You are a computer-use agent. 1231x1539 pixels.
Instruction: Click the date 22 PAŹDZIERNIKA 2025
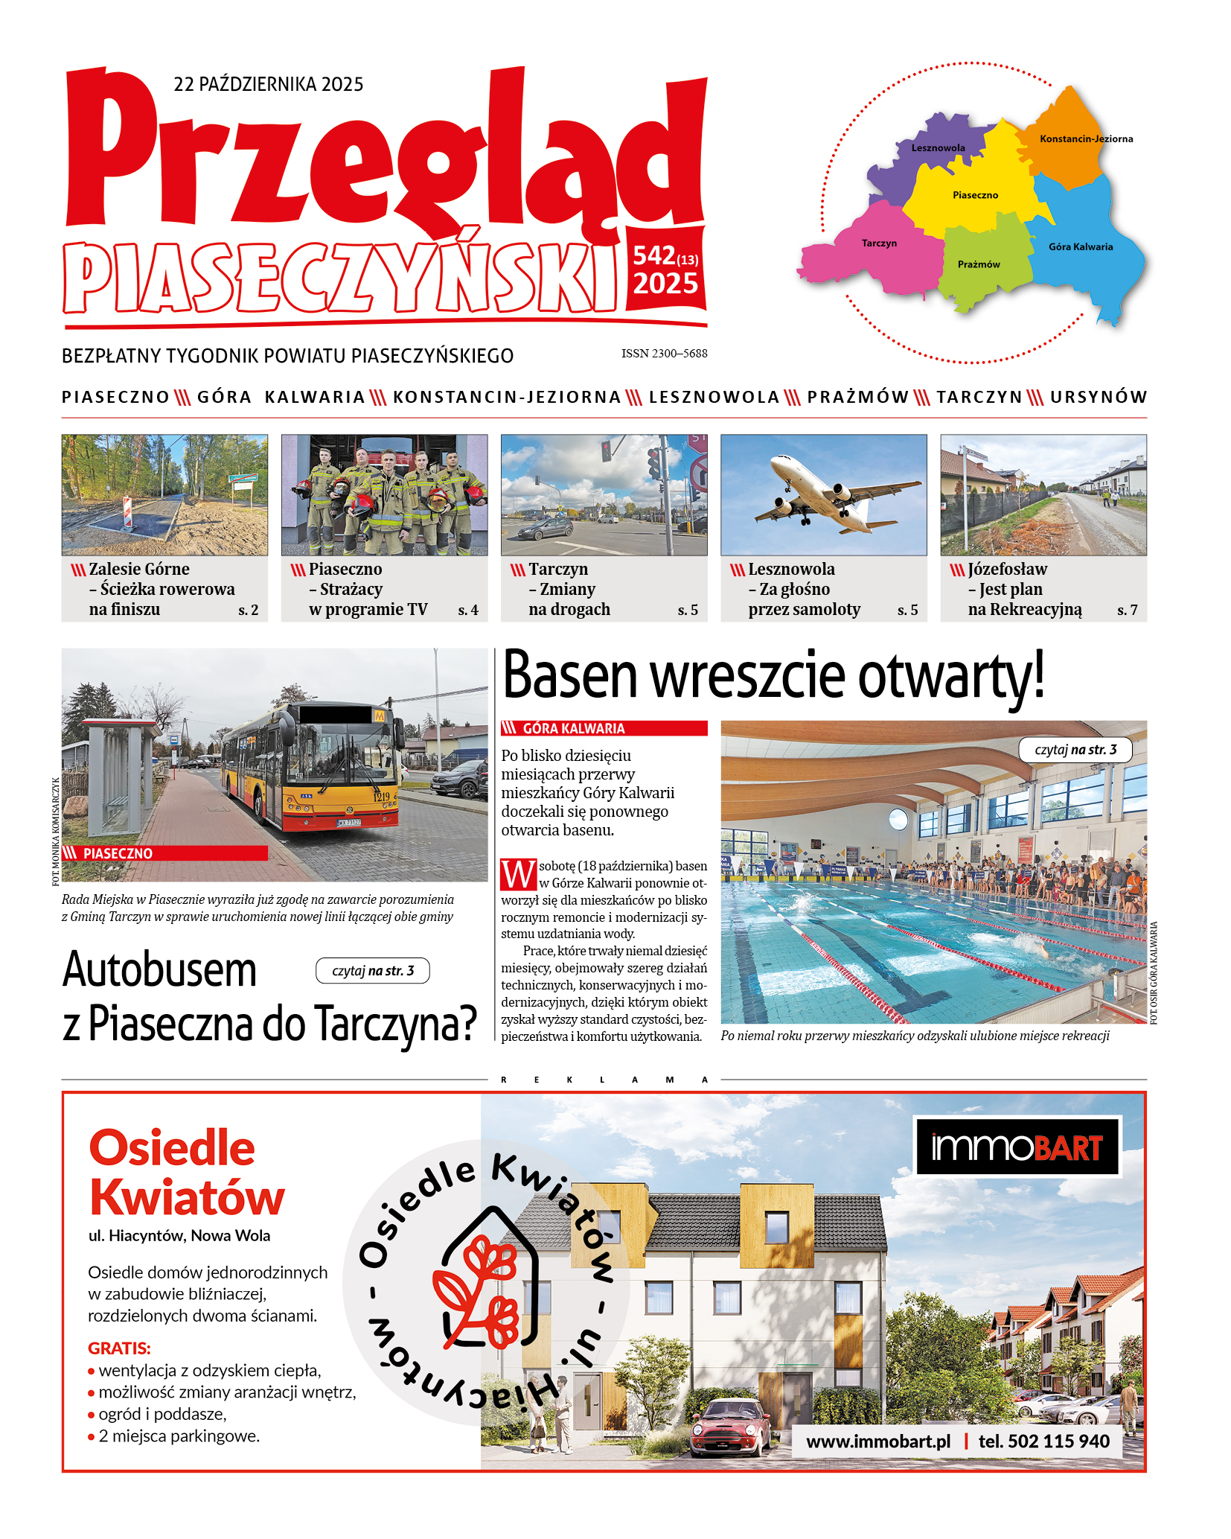(x=268, y=84)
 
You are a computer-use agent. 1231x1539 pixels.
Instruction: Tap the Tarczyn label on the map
(x=879, y=243)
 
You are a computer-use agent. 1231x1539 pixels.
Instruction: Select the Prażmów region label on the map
(x=979, y=264)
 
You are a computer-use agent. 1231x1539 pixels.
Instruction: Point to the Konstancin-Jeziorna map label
(x=1086, y=139)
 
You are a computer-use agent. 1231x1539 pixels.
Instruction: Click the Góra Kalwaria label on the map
(x=1081, y=247)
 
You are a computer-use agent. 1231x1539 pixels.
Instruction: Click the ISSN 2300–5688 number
(x=664, y=354)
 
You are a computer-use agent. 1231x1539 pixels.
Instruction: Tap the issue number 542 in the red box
(x=653, y=256)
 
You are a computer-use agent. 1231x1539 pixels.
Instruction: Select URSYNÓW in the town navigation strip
(x=1099, y=398)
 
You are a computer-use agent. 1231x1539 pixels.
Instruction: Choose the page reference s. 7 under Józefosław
(x=1127, y=611)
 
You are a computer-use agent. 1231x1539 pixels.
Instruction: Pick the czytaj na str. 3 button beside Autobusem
(x=372, y=971)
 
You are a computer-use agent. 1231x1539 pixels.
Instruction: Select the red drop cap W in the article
(x=518, y=875)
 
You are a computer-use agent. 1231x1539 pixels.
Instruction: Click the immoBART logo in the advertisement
(x=1017, y=1147)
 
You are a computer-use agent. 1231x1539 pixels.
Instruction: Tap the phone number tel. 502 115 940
(x=1043, y=1441)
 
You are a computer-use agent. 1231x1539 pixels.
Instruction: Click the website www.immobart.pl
(x=878, y=1441)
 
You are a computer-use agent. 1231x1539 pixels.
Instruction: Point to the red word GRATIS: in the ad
(x=119, y=1348)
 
